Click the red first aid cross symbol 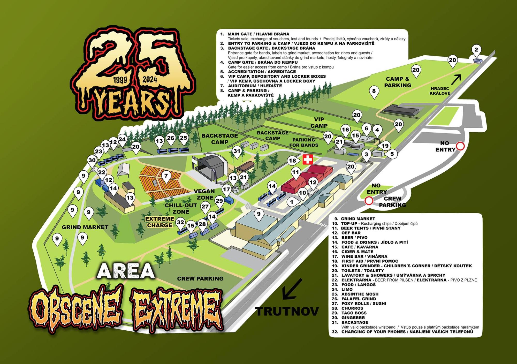308,160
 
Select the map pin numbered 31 237,151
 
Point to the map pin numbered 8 374,92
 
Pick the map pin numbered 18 293,161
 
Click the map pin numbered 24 122,140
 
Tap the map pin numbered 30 92,161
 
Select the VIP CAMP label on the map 319,123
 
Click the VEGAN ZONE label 204,194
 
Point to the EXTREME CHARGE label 159,222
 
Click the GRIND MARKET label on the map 85,227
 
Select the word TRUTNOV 287,311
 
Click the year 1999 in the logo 120,80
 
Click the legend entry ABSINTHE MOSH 360,294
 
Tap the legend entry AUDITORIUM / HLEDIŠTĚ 255,86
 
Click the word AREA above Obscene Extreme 126,271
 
